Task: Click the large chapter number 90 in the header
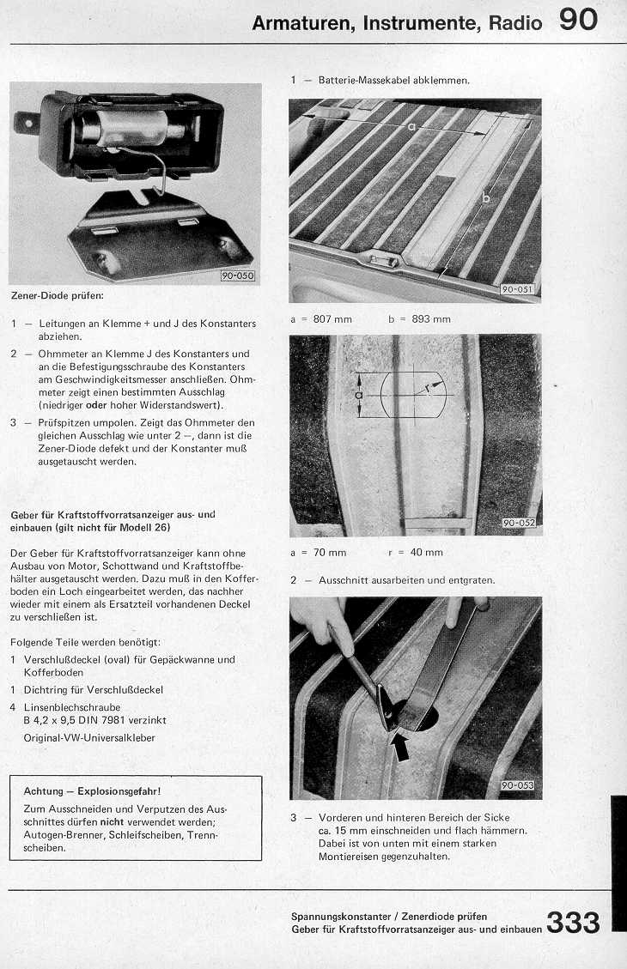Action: (x=578, y=19)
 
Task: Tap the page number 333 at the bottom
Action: (x=572, y=924)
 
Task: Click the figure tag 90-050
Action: (x=238, y=276)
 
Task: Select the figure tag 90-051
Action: (x=516, y=290)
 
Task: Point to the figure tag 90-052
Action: (x=517, y=523)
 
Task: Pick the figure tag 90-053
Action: (x=517, y=785)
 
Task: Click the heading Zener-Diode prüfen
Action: (x=58, y=296)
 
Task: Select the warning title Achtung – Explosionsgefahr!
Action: (x=92, y=790)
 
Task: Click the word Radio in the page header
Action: (x=515, y=23)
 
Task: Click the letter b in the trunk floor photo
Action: (x=486, y=198)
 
